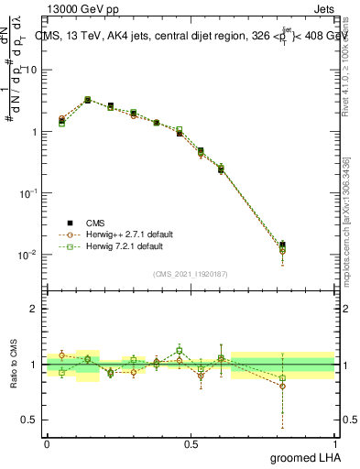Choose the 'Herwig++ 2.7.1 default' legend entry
point(124,234)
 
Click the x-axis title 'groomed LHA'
point(305,457)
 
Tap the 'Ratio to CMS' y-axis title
point(15,364)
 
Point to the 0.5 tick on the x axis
point(191,442)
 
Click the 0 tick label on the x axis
point(47,442)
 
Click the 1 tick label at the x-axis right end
point(334,442)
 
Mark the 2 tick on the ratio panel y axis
point(35,309)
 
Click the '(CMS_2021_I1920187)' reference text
point(190,274)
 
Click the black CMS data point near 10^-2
point(282,245)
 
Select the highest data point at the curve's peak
point(87,99)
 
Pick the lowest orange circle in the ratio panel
point(282,386)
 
